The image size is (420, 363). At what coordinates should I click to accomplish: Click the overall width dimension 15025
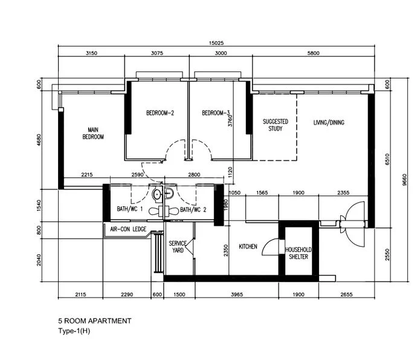216,43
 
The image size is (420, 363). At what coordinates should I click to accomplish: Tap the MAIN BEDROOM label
93,134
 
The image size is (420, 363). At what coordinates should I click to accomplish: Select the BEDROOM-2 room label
160,113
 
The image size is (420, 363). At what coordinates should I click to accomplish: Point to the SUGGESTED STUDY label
276,125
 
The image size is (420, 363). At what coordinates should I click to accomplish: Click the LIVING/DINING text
329,123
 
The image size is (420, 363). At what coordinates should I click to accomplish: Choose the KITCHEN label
248,247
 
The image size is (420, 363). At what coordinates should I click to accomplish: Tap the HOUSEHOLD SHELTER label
298,253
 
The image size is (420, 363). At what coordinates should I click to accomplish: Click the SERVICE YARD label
178,246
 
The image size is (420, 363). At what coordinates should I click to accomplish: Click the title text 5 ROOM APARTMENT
94,321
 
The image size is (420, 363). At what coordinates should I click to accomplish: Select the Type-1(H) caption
74,331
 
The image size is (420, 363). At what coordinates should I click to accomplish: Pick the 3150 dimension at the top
91,53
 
